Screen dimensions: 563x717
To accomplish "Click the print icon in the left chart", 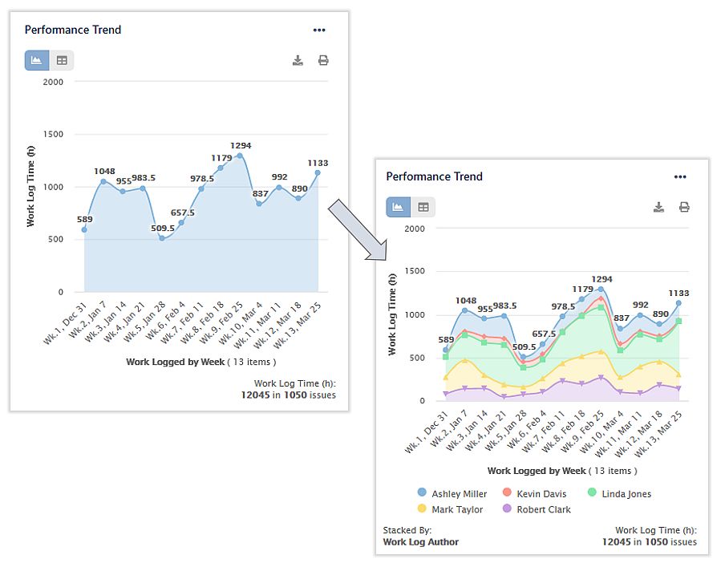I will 323,61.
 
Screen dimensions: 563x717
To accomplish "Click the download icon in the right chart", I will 658,208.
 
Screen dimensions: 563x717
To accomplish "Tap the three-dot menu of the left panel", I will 319,30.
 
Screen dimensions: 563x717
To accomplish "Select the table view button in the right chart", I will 423,208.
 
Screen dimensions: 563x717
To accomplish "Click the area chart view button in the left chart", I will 37,61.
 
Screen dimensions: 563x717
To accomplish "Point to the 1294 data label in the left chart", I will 241,146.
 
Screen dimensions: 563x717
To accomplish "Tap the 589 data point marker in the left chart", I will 84,230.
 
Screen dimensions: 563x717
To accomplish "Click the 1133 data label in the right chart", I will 678,294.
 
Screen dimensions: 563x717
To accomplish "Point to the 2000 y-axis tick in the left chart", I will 52,82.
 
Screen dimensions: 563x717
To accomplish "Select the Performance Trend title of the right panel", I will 434,176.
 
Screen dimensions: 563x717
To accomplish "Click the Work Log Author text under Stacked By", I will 421,542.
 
